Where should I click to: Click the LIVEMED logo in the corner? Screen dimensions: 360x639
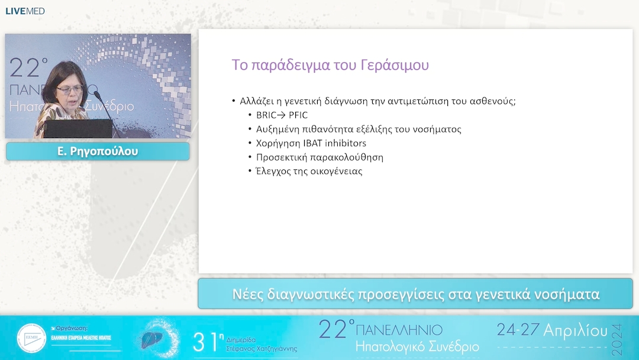[x=25, y=11]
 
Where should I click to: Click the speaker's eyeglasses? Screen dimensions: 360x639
[x=70, y=89]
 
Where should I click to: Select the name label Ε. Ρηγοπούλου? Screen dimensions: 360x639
[x=98, y=152]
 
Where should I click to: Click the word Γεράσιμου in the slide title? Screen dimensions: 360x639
[x=395, y=65]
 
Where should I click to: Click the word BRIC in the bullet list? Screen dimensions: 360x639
[x=267, y=115]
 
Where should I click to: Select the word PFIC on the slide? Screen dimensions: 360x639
[x=298, y=115]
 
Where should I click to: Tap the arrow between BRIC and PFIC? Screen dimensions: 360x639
[x=282, y=115]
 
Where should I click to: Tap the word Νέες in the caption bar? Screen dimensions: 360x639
[x=248, y=294]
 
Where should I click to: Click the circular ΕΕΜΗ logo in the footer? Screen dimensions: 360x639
[x=31, y=339]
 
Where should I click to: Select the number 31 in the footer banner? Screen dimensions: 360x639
[x=206, y=342]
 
